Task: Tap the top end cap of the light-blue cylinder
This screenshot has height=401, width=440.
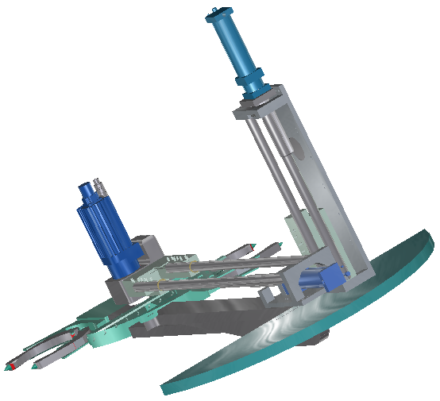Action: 215,13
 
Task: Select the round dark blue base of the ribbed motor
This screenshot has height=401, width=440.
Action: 125,262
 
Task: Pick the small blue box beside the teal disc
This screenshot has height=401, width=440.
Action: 328,279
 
